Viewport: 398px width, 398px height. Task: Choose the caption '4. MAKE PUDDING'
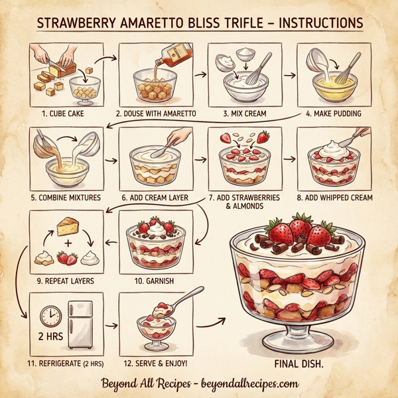pyautogui.click(x=334, y=113)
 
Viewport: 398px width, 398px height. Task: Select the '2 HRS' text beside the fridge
pyautogui.click(x=50, y=337)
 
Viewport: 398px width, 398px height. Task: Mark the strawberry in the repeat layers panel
pyautogui.click(x=67, y=257)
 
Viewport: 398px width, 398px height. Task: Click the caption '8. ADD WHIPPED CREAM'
pyautogui.click(x=334, y=197)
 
